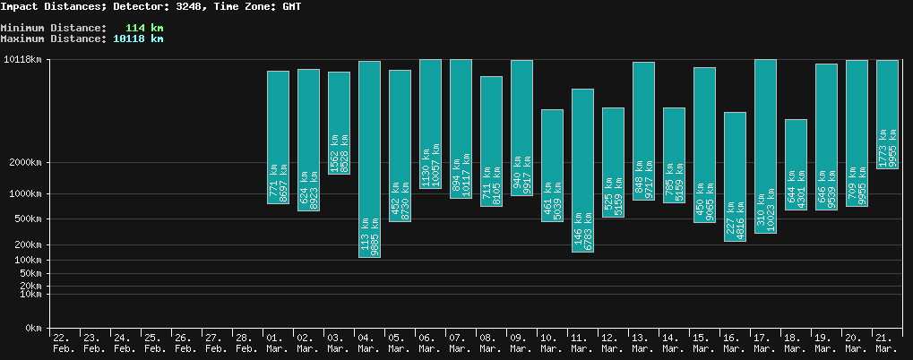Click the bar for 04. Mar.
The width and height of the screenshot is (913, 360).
pos(369,159)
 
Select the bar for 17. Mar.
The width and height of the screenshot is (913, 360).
pos(765,146)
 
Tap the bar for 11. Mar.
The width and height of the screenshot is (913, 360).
pos(582,170)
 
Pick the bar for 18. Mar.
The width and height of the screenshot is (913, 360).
pos(796,164)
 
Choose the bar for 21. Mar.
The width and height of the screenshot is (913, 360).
pos(887,114)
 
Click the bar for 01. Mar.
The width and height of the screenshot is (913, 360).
pos(278,137)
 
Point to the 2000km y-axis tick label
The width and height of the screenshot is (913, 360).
pos(23,163)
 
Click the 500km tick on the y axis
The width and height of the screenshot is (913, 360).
pos(26,219)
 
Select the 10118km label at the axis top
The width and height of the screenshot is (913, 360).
pos(23,60)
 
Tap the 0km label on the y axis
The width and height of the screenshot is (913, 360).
pos(32,329)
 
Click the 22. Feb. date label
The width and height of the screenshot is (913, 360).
pos(65,342)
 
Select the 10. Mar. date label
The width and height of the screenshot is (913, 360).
pos(552,342)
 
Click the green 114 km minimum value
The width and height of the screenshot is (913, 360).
pos(144,28)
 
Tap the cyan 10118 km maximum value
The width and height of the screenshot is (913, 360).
pos(138,39)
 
